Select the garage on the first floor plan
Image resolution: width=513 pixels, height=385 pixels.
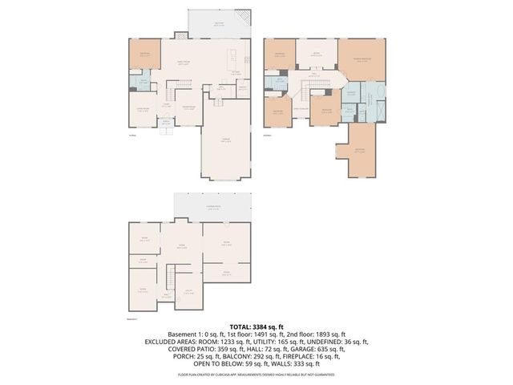226,143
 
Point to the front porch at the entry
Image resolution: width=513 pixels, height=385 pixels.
167,124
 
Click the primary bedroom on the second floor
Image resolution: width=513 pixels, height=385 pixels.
362,59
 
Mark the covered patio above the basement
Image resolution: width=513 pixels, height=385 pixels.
213,209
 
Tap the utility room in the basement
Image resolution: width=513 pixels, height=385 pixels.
188,292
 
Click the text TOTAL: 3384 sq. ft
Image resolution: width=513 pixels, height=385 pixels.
256,326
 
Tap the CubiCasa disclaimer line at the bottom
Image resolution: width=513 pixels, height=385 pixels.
256,374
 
